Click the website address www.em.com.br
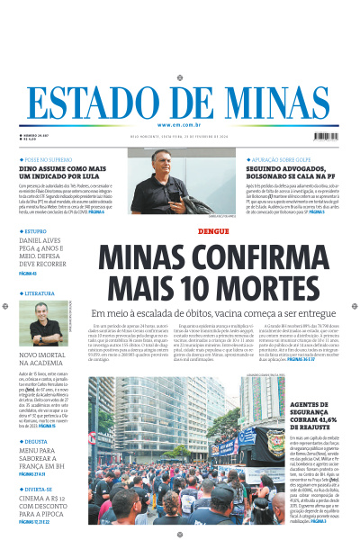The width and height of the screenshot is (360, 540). (x=179, y=124)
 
